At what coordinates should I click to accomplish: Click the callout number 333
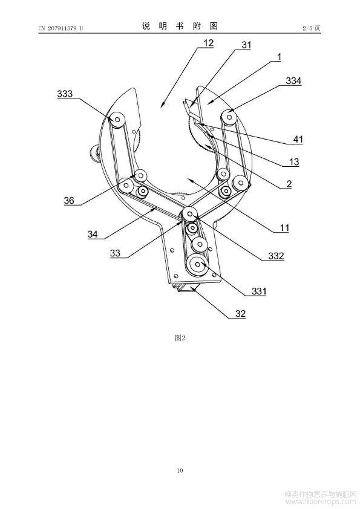point(65,94)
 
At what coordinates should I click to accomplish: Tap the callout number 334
point(293,81)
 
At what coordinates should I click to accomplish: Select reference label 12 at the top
point(209,43)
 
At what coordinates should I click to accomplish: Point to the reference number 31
point(246,45)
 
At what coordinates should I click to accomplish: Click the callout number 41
point(298,140)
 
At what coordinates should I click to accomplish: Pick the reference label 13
point(293,161)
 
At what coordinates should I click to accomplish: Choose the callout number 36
point(69,200)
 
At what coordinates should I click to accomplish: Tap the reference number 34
point(93,234)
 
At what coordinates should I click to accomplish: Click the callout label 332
point(276,256)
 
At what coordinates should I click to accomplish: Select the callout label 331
point(259,291)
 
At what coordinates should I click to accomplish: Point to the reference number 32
point(240,314)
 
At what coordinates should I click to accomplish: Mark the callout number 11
point(284,228)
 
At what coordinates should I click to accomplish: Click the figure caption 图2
point(180,338)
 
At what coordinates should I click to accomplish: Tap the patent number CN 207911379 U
point(61,28)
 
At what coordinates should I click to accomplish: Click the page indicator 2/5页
point(311,28)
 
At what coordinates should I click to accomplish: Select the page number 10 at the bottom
point(180,470)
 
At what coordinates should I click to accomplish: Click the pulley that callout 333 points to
point(116,120)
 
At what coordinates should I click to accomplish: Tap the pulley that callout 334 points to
point(229,116)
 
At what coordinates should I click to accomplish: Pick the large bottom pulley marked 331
point(198,265)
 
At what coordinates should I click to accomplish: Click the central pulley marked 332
point(189,214)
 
